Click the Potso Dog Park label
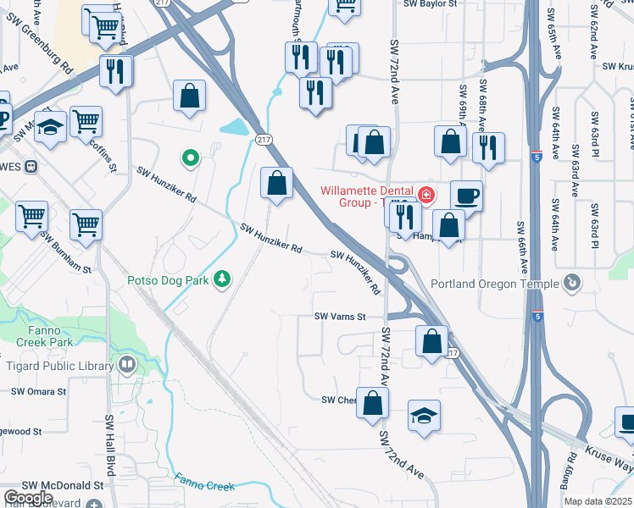click(x=168, y=279)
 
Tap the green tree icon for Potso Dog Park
click(x=222, y=278)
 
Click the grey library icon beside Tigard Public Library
click(x=127, y=365)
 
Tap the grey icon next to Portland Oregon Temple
click(x=572, y=281)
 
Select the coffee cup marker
click(x=466, y=196)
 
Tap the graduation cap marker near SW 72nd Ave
click(x=424, y=416)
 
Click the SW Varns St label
click(x=339, y=317)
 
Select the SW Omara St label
click(x=39, y=392)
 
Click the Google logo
click(x=28, y=498)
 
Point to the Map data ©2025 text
click(x=598, y=501)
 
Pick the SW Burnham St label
click(x=66, y=253)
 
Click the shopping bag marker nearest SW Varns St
click(x=431, y=341)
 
